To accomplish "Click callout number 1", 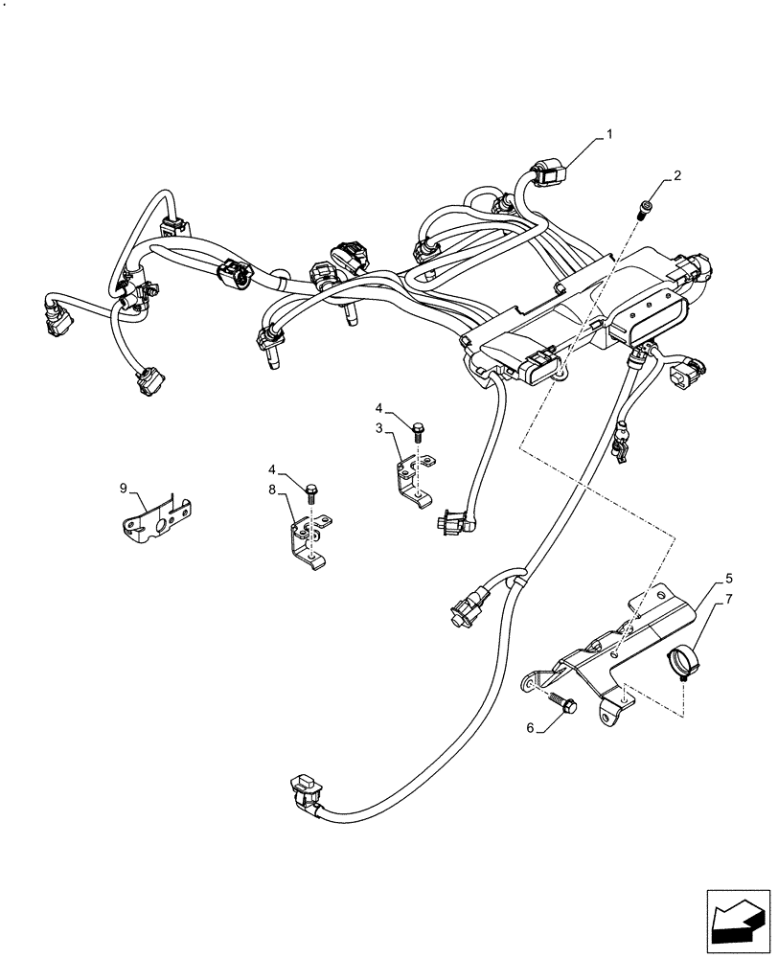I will [607, 137].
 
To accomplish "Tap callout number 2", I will [677, 175].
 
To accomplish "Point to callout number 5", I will [729, 579].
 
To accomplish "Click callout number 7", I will [729, 601].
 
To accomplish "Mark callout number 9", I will [124, 489].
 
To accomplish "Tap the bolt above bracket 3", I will [417, 432].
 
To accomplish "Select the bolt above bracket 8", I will [311, 493].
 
